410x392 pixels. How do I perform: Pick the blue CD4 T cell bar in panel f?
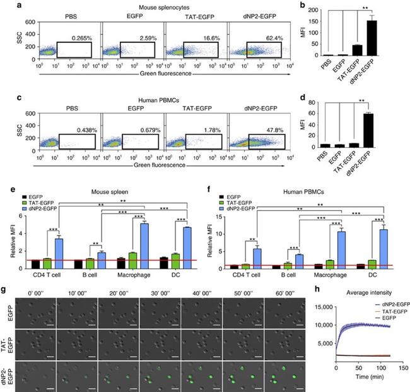click(x=257, y=254)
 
